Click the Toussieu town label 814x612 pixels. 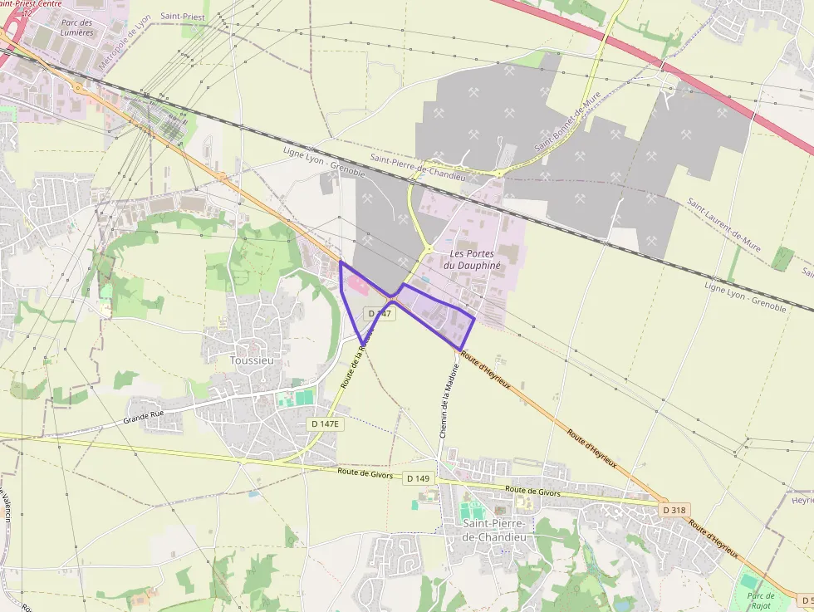252,360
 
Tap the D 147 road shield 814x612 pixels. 378,313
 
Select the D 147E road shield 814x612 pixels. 326,424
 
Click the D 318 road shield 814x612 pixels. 675,509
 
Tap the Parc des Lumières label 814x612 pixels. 76,27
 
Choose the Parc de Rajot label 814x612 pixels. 762,600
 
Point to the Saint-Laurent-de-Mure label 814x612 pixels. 723,224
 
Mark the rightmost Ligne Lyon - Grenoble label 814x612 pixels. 744,297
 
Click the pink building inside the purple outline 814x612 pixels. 360,286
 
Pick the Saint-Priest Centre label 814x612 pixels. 31,4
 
